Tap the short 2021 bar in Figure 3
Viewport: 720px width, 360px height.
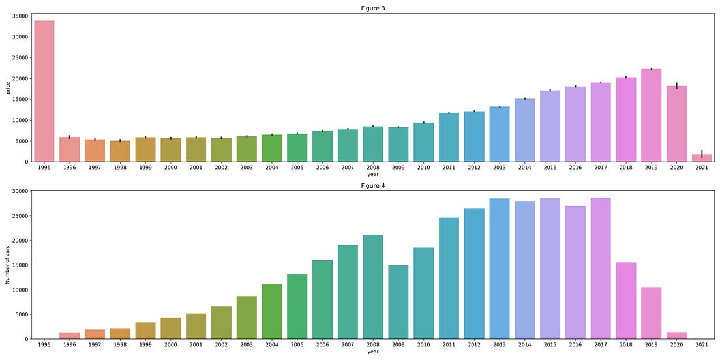click(x=702, y=158)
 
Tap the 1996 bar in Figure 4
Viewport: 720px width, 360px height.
click(x=70, y=336)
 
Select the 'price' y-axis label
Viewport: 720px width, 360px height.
click(x=8, y=87)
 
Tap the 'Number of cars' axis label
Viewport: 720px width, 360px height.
click(x=8, y=265)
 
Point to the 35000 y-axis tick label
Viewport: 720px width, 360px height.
click(x=20, y=16)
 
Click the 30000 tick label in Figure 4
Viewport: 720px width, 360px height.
click(x=20, y=191)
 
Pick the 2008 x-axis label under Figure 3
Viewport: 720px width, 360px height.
click(x=373, y=168)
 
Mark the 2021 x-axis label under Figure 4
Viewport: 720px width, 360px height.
click(x=702, y=345)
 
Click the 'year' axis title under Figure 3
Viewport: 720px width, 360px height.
click(x=373, y=175)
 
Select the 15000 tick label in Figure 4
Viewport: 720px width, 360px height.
click(x=20, y=265)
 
